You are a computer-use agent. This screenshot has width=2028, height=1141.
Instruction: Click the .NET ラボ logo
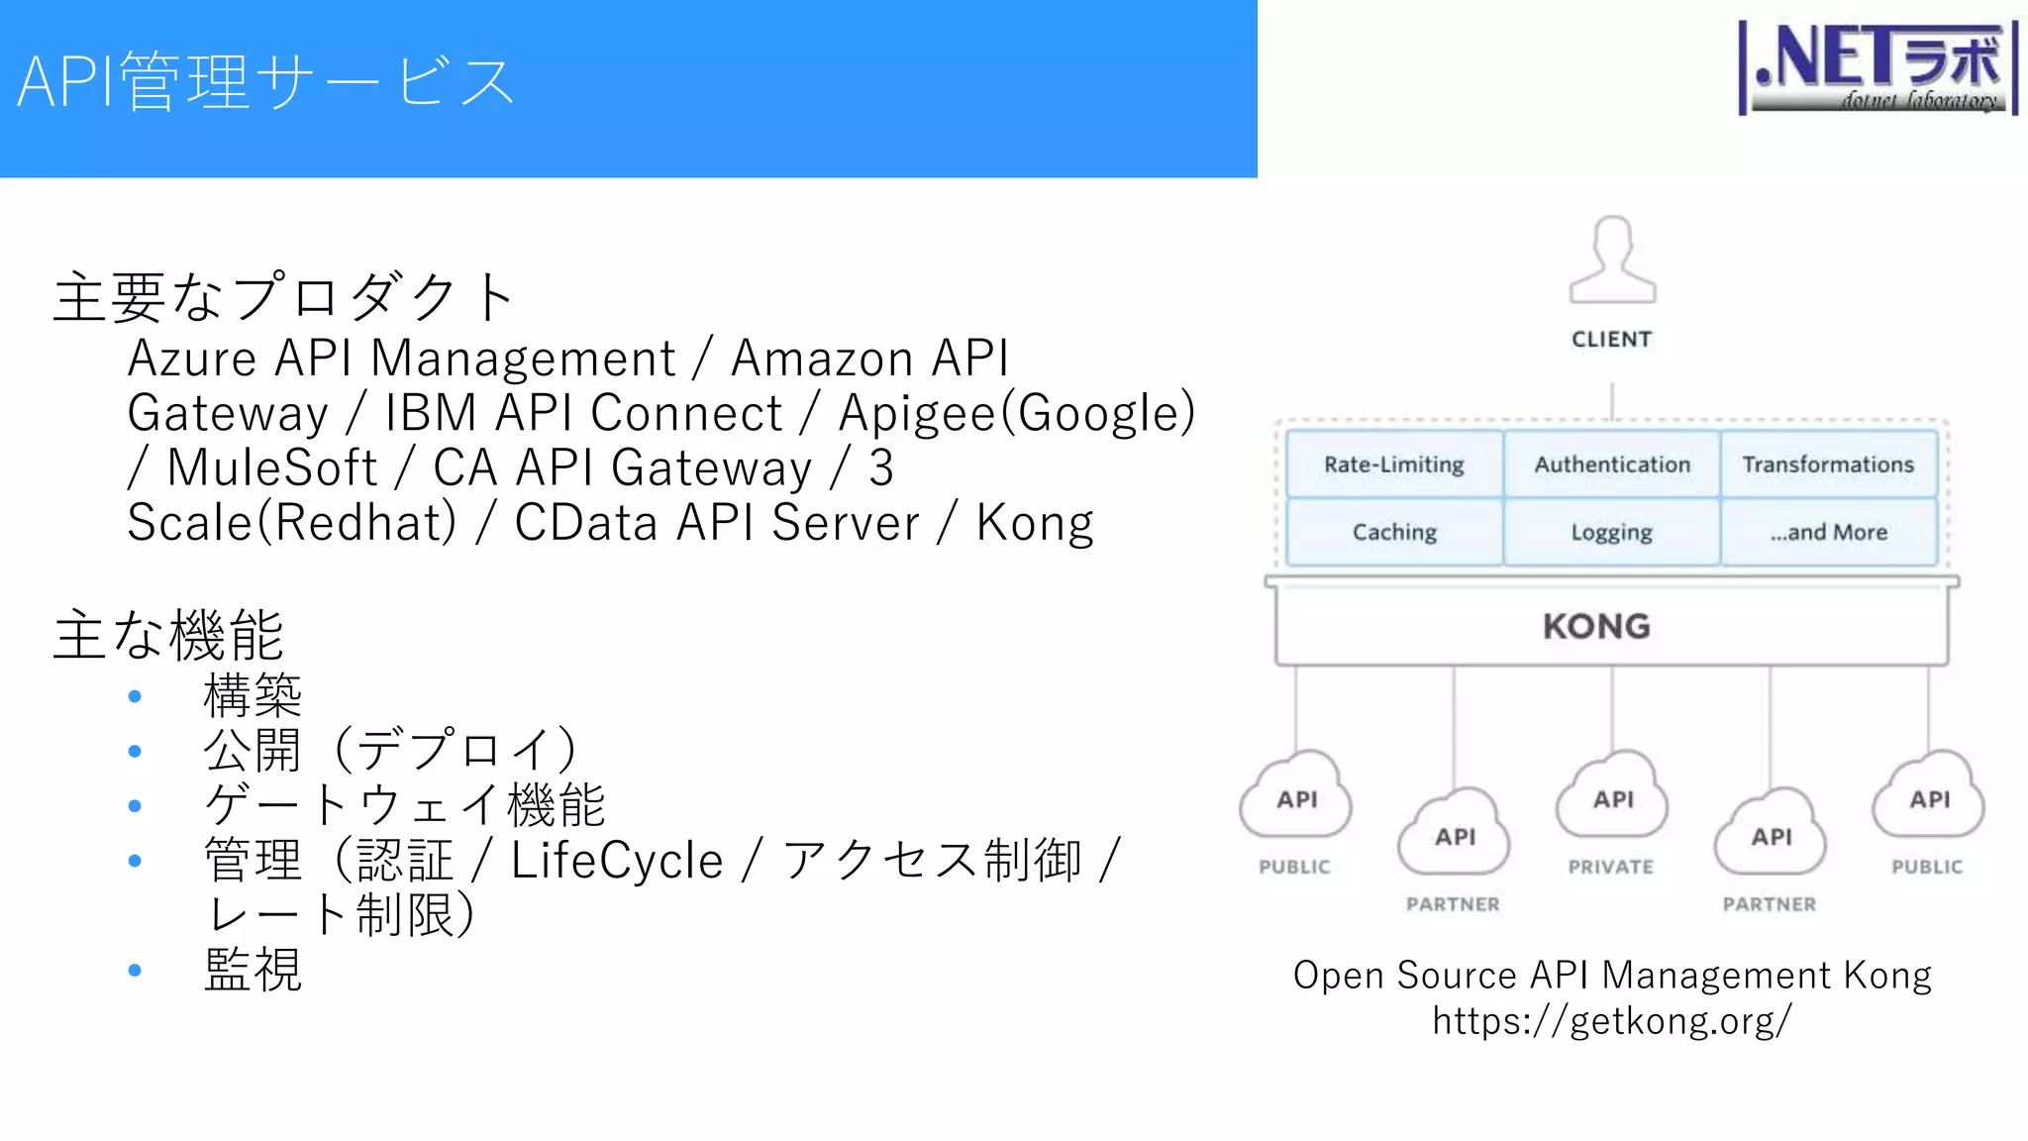(1878, 67)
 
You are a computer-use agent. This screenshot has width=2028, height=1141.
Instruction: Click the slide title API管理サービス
(265, 81)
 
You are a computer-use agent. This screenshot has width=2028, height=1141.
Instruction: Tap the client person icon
(1612, 259)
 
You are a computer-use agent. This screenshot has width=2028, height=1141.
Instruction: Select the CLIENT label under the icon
(1612, 340)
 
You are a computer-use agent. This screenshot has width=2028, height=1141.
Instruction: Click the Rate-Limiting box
(1394, 465)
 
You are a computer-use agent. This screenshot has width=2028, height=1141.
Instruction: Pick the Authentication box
(1612, 465)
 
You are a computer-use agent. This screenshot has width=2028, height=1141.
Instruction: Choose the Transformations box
(1828, 465)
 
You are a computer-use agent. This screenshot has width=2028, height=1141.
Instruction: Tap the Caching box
(1394, 532)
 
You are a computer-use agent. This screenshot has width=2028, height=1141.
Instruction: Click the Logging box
(1612, 532)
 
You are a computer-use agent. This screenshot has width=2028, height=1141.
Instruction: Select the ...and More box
(1828, 532)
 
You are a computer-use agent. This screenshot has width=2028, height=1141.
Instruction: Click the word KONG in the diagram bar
(1596, 626)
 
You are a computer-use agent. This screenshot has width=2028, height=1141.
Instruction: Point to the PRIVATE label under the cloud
(1611, 867)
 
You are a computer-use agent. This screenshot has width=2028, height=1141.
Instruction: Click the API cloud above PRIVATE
(1612, 796)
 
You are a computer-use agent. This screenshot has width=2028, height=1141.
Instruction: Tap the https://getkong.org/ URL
(1612, 1020)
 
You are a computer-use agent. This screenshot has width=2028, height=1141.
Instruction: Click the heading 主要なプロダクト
(283, 297)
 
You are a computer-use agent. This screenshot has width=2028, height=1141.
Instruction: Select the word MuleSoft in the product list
(272, 467)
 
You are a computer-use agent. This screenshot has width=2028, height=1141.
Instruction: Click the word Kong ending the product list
(1035, 523)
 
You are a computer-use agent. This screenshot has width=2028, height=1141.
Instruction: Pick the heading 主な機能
(168, 635)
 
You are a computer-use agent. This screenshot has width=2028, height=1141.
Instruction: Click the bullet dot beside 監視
(135, 971)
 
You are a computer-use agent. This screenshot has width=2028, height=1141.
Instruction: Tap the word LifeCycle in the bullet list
(617, 860)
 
